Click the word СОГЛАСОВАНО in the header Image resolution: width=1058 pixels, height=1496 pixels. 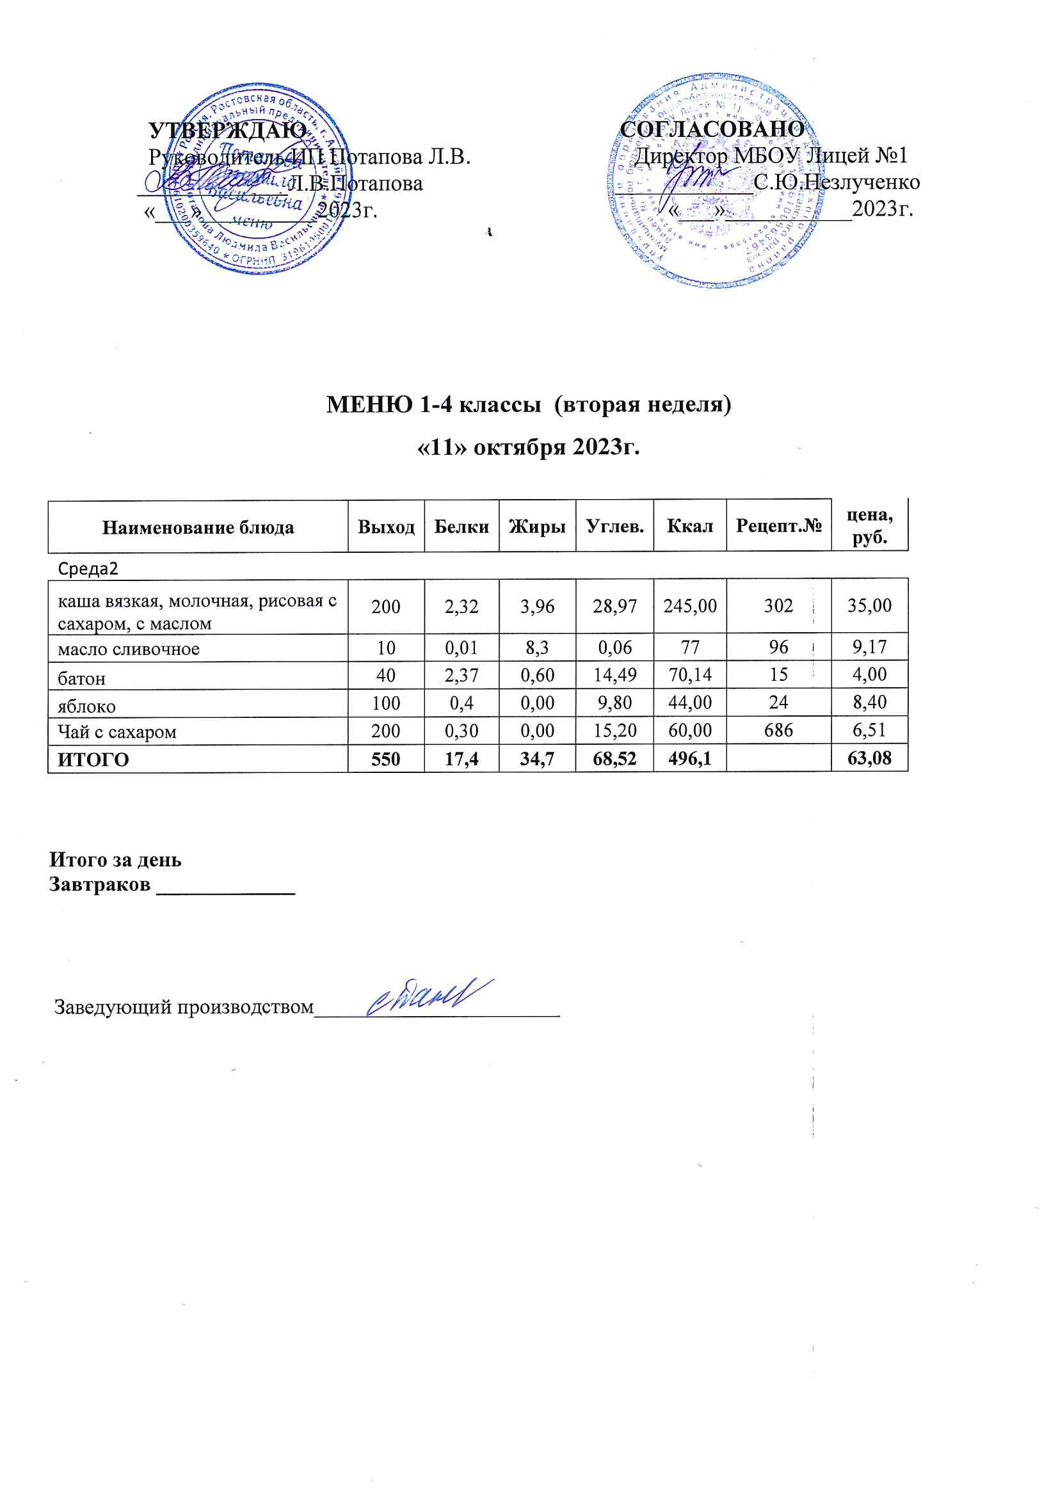click(712, 129)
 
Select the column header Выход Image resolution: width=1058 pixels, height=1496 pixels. click(386, 527)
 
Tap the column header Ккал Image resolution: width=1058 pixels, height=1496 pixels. click(690, 526)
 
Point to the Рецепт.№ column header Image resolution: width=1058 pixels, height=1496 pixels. click(778, 526)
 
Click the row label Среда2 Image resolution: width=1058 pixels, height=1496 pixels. click(88, 569)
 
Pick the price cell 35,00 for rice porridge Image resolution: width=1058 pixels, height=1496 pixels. click(869, 605)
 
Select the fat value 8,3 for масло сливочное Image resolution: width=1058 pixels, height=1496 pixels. click(537, 647)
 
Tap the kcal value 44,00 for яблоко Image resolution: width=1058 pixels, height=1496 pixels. click(690, 703)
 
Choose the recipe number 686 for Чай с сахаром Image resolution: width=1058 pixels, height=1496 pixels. click(778, 731)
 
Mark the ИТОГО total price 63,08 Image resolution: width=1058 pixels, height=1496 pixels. click(869, 758)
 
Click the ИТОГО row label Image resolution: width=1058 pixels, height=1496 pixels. click(93, 760)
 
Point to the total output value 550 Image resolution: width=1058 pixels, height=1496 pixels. click(386, 759)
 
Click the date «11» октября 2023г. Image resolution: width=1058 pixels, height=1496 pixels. click(528, 448)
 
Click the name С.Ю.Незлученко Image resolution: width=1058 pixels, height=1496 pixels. click(837, 182)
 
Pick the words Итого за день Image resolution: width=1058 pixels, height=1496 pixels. click(115, 860)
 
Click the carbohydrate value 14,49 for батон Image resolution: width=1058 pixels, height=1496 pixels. click(614, 674)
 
